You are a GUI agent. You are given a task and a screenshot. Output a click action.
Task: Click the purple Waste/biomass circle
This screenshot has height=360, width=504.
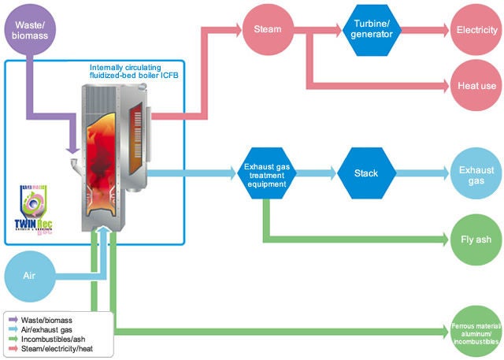point(30,31)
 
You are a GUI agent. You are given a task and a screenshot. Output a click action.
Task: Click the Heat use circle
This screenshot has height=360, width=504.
point(476,84)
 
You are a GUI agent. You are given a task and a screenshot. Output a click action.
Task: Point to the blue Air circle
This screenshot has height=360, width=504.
point(29,277)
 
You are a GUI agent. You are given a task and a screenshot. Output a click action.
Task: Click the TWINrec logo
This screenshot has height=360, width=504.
point(33,206)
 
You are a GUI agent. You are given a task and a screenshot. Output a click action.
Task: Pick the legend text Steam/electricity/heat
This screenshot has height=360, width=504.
point(57,347)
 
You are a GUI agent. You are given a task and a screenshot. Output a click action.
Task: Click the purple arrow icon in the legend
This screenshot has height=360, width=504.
point(13,319)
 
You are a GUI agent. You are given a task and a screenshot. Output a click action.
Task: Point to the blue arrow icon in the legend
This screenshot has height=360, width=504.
point(13,328)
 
